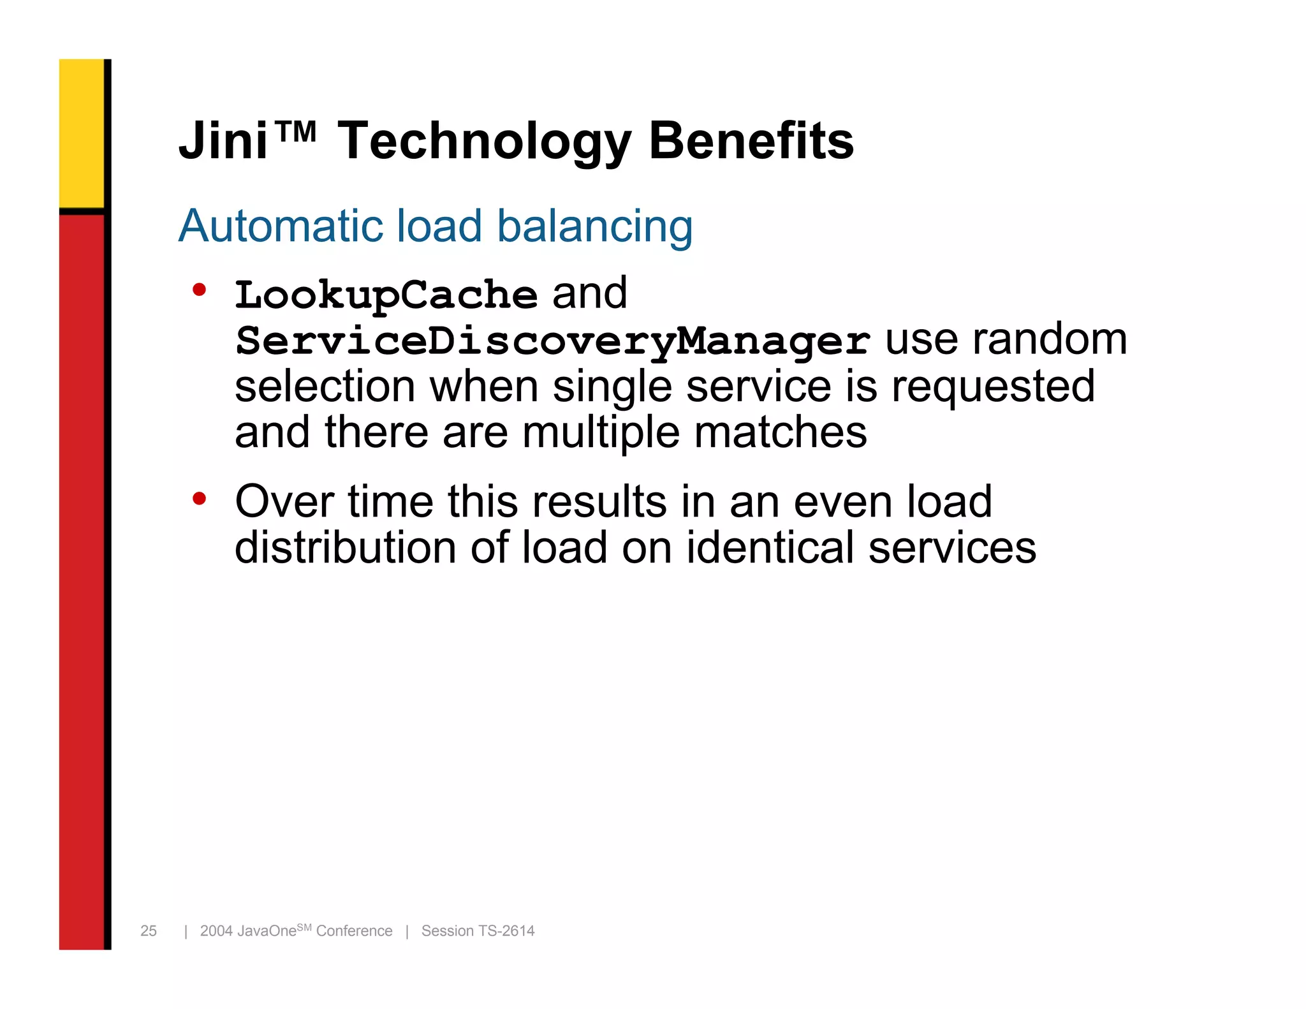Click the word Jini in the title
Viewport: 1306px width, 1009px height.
223,141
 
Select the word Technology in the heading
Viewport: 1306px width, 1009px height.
484,142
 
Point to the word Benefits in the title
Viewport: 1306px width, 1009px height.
751,141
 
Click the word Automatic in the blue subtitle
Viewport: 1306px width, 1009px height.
280,226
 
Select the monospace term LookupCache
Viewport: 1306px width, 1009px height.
386,295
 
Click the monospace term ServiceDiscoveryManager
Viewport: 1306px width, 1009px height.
552,341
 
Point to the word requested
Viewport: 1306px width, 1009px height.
993,387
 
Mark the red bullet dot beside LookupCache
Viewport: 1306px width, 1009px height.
200,290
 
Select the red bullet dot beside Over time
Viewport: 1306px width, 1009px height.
200,499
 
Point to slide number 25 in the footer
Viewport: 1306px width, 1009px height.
149,931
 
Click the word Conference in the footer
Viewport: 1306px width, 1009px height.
354,931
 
